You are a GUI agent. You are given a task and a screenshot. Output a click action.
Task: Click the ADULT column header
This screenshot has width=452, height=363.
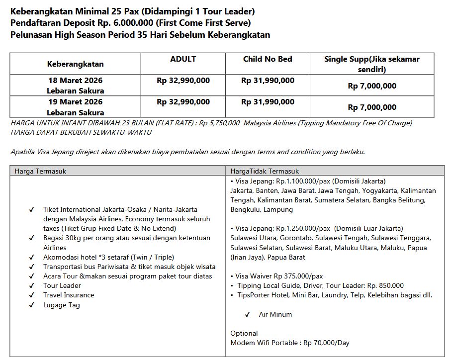tap(183, 59)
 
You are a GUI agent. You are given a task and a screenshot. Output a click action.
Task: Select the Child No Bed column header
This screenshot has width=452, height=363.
tap(268, 59)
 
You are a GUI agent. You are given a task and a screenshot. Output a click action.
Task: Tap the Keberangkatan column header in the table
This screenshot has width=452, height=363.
tap(76, 64)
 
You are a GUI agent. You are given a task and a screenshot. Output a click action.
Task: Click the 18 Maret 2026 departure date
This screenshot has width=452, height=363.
tap(76, 81)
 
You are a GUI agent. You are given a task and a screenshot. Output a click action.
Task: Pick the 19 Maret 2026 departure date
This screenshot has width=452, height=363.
tap(76, 102)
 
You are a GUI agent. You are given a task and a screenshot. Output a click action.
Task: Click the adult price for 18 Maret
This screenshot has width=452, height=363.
tap(183, 81)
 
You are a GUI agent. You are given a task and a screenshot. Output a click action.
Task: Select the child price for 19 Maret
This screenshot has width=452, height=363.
tap(268, 102)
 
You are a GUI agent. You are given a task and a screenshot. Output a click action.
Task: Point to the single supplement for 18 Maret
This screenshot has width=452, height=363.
tap(372, 86)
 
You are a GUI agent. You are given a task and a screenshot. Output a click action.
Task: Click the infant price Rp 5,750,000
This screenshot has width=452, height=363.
tap(219, 123)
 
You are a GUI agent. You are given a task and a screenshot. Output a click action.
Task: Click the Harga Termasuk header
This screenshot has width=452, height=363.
tap(40, 171)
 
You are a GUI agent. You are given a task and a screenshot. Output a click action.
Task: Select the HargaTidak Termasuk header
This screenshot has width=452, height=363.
tap(265, 171)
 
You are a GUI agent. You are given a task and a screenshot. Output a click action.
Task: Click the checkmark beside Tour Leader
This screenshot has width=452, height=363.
tap(32, 286)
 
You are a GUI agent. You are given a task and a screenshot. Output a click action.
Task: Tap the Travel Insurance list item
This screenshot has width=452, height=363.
tap(69, 295)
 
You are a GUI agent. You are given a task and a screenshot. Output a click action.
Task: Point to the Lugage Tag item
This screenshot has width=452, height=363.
tap(62, 305)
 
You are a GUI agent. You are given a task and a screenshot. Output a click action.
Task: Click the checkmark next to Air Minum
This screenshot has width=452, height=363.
tap(247, 315)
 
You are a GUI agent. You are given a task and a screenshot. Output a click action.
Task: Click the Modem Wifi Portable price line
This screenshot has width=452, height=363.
tap(290, 343)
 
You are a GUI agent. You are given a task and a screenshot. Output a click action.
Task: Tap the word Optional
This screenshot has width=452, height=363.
tap(244, 333)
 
